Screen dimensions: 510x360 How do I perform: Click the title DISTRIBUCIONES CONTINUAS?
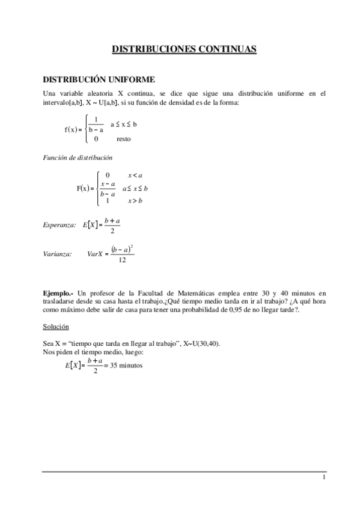(x=185, y=50)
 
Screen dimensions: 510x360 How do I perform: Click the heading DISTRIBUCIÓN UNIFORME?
(x=99, y=79)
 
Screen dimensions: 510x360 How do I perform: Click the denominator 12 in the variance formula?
(x=122, y=260)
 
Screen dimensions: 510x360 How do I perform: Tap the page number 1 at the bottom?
(x=323, y=478)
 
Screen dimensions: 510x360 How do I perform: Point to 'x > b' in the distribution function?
(x=135, y=200)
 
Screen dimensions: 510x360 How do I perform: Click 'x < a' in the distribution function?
(x=135, y=175)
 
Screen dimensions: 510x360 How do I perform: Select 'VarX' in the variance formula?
(x=95, y=254)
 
